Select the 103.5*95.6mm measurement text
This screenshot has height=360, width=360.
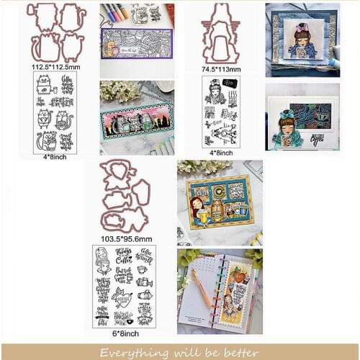pyautogui.click(x=126, y=238)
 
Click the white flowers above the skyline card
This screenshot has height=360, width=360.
pyautogui.click(x=115, y=89)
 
